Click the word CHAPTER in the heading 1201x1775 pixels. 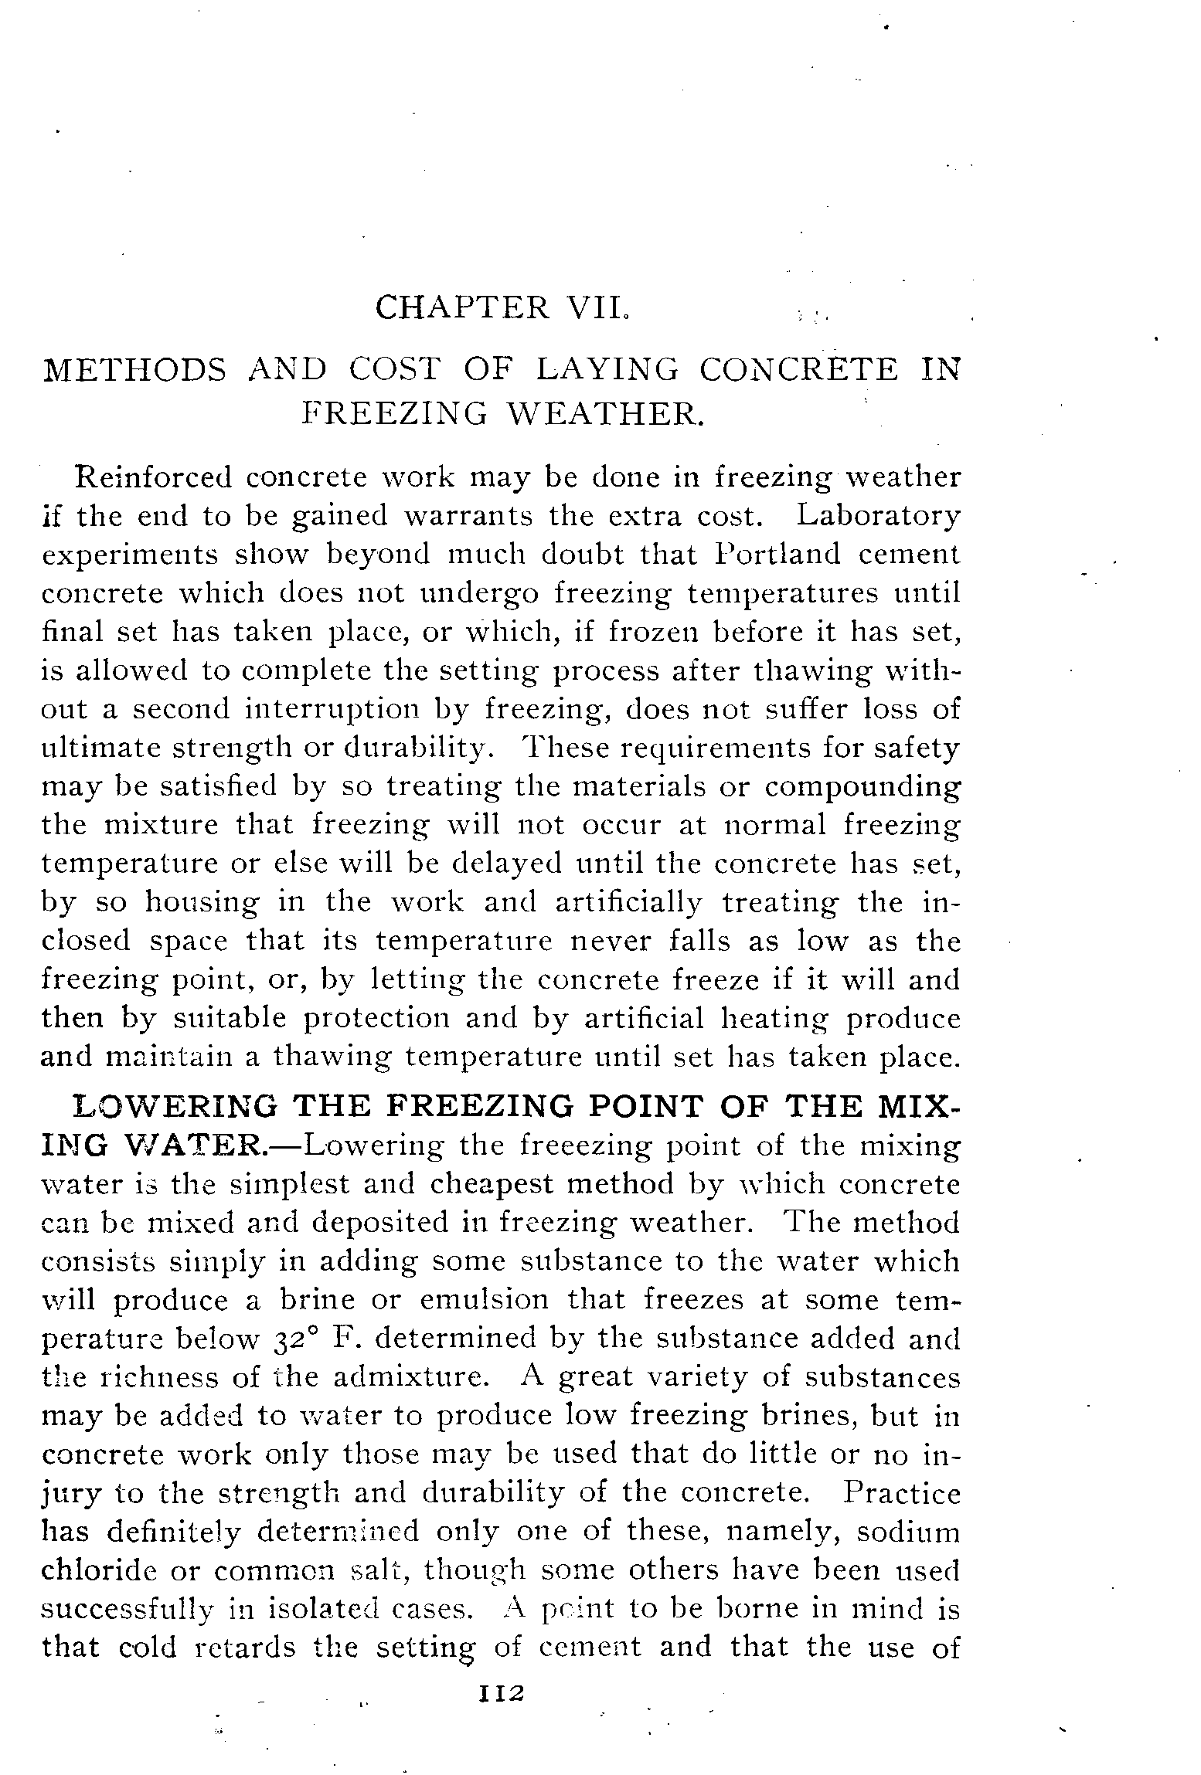pyautogui.click(x=462, y=308)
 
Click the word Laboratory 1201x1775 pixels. pyautogui.click(x=879, y=516)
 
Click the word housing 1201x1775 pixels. pyautogui.click(x=202, y=903)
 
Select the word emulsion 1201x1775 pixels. pyautogui.click(x=484, y=1300)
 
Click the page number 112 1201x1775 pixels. pyautogui.click(x=502, y=1693)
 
